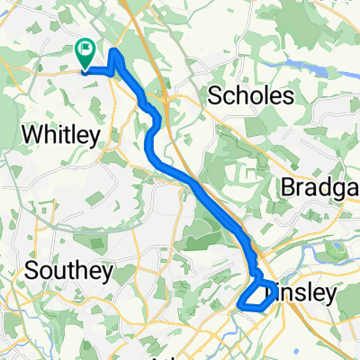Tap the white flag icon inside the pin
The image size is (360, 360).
[x=87, y=50]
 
